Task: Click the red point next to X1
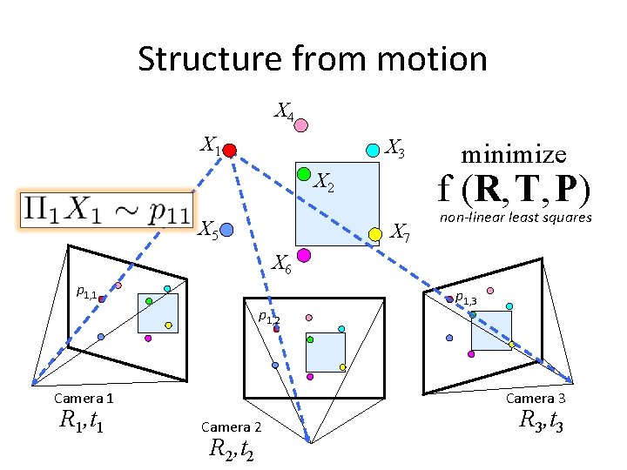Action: point(229,151)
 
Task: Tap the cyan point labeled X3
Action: point(373,150)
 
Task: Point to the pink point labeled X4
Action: point(300,125)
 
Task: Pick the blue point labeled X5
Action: point(226,231)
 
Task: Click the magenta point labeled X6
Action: point(304,255)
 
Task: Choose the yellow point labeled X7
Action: point(375,233)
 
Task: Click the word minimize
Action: point(514,155)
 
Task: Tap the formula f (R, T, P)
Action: point(515,189)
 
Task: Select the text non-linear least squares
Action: point(516,218)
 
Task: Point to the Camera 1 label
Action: point(84,398)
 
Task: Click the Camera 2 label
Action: point(231,426)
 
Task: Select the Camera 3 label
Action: point(536,398)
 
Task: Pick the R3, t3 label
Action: point(542,421)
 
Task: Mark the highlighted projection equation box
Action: point(107,210)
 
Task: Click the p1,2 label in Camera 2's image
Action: point(268,318)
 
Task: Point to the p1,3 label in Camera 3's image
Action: point(466,299)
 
